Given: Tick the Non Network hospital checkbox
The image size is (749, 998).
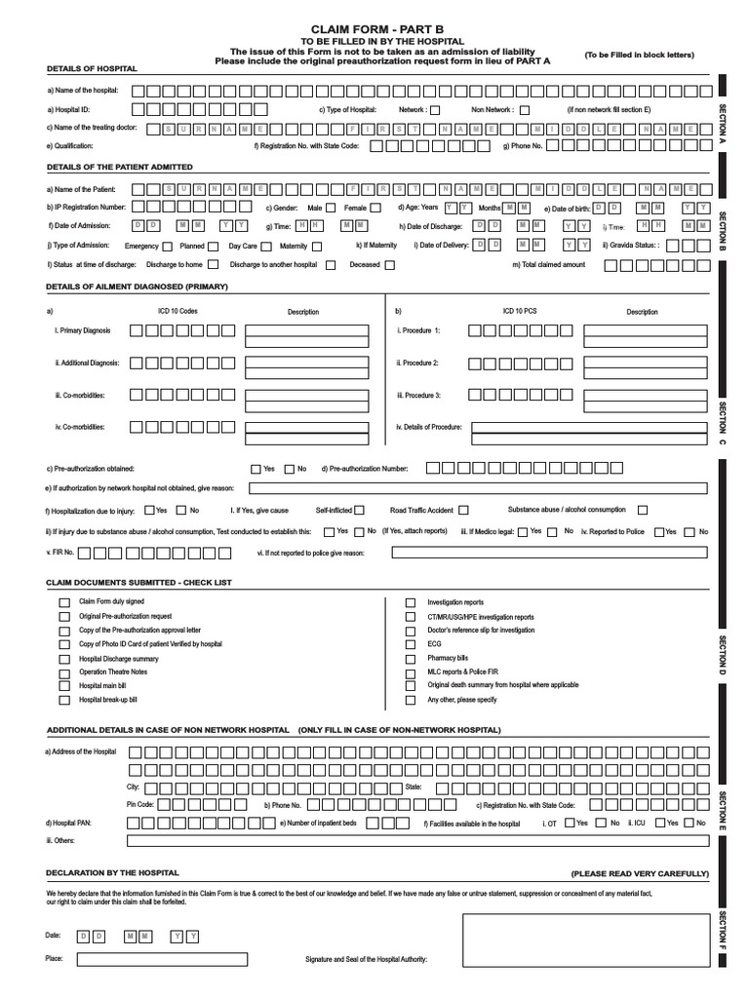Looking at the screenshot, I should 524,110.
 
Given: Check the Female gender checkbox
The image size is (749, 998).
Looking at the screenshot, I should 375,208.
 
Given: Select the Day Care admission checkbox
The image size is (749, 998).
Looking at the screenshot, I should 268,247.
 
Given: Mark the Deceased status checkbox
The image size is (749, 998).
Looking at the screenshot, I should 389,264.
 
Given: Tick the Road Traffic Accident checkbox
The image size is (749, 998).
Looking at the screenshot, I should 463,510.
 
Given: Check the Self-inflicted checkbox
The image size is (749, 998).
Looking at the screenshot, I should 360,510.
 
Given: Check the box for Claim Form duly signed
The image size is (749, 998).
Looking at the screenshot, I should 63,602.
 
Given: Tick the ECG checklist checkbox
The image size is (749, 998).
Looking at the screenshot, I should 410,644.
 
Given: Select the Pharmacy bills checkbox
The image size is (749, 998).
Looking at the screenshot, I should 410,658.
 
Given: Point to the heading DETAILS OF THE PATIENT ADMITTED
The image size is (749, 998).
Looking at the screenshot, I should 120,167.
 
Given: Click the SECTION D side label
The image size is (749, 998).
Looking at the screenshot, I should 723,654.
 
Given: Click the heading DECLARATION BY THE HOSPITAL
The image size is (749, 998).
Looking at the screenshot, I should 112,873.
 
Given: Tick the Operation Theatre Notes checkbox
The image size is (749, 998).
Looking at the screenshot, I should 63,672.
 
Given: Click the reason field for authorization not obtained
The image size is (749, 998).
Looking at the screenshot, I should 479,488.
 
